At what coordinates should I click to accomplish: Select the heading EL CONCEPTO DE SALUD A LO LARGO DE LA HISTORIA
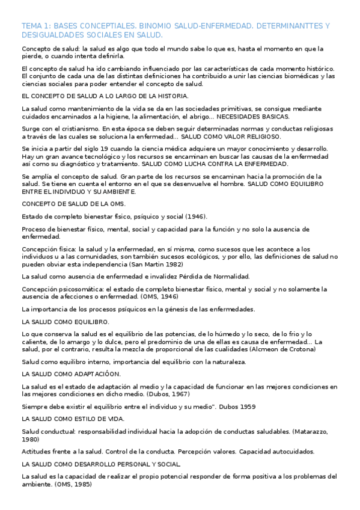tap(105, 96)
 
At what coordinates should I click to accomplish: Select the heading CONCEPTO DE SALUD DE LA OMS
tap(73, 204)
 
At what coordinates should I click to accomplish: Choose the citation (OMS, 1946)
tap(162, 296)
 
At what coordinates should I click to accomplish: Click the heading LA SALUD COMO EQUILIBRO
tap(65, 322)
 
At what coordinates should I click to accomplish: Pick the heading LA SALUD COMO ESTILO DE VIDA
tap(72, 418)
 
